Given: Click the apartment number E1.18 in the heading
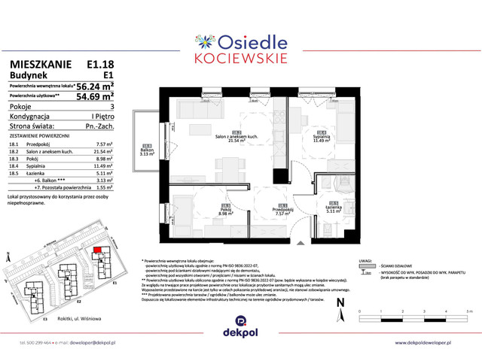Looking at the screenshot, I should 100,65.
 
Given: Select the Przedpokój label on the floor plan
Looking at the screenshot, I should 282,211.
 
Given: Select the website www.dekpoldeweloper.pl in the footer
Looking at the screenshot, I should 433,342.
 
